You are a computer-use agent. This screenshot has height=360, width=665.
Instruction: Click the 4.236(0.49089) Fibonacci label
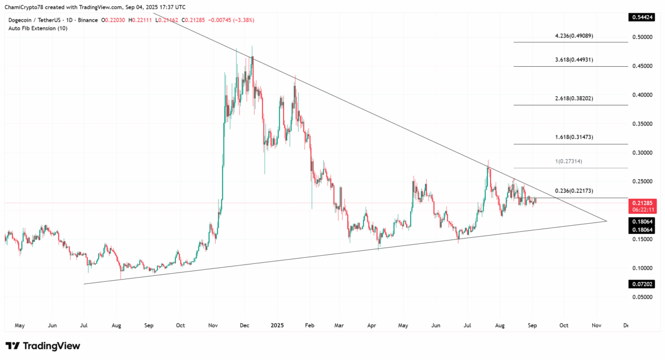(x=574, y=36)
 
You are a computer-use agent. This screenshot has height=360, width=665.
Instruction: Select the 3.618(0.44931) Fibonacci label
(x=574, y=60)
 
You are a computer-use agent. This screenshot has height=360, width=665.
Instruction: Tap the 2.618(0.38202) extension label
(x=574, y=99)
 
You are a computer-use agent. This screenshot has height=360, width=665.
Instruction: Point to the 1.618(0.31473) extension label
(x=574, y=137)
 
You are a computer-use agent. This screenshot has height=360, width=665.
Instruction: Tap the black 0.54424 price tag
(x=642, y=17)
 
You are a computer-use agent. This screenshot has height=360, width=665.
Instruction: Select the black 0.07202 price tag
(x=642, y=284)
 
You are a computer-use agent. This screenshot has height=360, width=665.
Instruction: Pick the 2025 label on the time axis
(x=277, y=325)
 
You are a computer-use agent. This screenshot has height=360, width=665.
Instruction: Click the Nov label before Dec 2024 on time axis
(x=213, y=325)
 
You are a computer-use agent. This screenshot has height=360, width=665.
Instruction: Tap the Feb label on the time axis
(x=309, y=325)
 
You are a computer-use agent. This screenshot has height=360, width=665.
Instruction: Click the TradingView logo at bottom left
(x=43, y=346)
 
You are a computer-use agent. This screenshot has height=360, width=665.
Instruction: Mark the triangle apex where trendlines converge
(x=606, y=220)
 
